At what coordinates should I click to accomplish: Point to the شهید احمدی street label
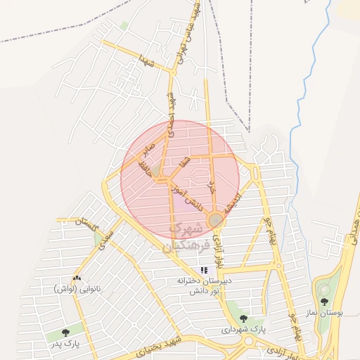pyautogui.click(x=170, y=112)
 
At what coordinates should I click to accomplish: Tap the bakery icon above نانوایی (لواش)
pyautogui.click(x=76, y=279)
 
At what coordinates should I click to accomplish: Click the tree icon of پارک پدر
pyautogui.click(x=65, y=333)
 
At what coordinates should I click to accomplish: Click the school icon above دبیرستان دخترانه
pyautogui.click(x=204, y=269)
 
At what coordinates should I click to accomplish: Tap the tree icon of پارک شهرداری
pyautogui.click(x=243, y=319)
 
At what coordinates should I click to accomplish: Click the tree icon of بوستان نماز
pyautogui.click(x=324, y=302)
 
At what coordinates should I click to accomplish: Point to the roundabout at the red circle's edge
pyautogui.click(x=216, y=221)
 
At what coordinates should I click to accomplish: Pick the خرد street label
pyautogui.click(x=211, y=186)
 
